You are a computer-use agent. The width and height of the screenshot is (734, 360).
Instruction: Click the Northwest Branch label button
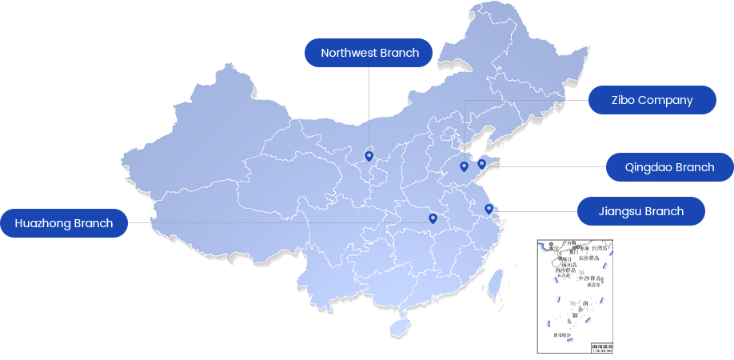coord(369,53)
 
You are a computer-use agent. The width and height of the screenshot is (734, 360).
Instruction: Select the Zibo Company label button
coord(652,100)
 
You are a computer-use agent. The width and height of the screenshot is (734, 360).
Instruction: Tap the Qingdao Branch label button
coord(669,167)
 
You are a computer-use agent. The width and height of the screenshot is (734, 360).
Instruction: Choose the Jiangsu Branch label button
coord(640,211)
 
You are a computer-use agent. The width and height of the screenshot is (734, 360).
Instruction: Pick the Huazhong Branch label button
coord(64,223)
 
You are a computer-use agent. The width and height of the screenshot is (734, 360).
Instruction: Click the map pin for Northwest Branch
coord(369,156)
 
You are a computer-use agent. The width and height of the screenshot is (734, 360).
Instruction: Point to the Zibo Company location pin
coord(464,166)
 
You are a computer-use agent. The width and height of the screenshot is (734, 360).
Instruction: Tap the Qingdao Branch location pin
coord(481,164)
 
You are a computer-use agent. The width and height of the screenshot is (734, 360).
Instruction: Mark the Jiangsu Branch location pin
coord(489,209)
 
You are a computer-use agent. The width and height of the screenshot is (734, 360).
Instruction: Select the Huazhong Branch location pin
coord(433,218)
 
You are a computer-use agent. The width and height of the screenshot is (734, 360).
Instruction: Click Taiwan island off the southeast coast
coord(495,284)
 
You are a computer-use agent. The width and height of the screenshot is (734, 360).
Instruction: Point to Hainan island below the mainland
coord(398,327)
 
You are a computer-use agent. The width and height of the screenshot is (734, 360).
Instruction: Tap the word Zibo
coord(624,100)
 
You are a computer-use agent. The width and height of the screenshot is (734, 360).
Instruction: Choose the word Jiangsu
coord(620,211)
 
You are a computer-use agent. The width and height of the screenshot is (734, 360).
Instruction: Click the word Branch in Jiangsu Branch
coord(664,211)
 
